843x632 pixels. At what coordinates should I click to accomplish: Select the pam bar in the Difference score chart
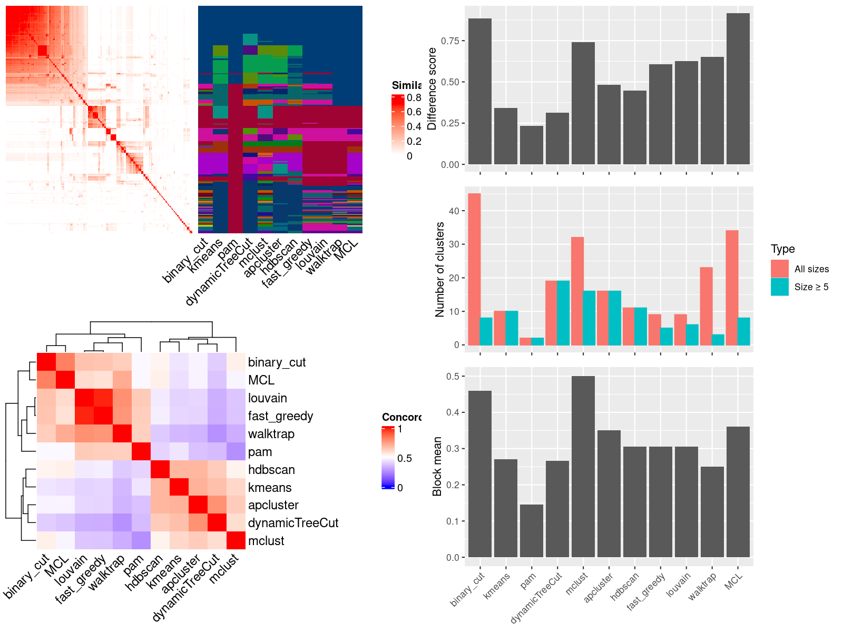531,145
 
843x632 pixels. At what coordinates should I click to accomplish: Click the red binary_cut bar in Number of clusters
474,269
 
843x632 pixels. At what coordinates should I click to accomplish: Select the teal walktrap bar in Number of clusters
718,340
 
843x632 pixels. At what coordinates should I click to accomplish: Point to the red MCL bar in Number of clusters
732,288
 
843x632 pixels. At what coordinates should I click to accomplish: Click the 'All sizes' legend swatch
779,269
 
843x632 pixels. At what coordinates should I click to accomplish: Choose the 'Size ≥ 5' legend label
811,287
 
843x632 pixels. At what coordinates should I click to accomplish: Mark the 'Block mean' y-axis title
437,466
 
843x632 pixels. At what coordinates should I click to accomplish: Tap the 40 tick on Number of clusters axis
454,211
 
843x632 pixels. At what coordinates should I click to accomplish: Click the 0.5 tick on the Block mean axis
453,376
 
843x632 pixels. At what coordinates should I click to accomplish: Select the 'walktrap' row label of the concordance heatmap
271,434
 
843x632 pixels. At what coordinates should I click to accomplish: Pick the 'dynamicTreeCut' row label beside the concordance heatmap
293,523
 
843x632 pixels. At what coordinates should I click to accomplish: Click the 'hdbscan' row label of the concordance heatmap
271,470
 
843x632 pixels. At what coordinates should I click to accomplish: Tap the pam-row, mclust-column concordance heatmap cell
236,451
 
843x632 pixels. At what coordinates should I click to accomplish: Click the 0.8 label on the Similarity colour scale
414,97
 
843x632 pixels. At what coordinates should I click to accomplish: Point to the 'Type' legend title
782,249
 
